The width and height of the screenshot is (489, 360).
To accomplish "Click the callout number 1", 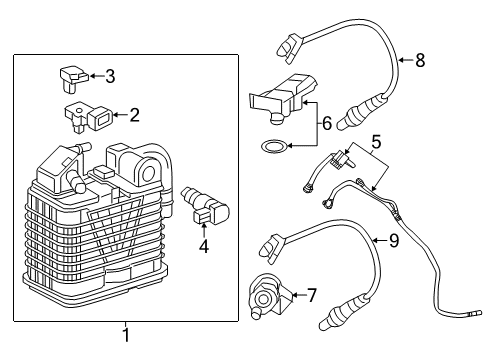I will pyautogui.click(x=125, y=335).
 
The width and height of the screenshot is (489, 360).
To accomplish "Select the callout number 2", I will pyautogui.click(x=134, y=115).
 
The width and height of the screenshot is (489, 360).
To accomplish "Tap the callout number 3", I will pyautogui.click(x=111, y=75).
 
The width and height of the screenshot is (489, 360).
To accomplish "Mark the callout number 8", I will pyautogui.click(x=420, y=61).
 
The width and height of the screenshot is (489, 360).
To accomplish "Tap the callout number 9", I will pyautogui.click(x=393, y=239).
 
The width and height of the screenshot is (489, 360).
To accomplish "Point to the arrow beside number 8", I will pyautogui.click(x=404, y=61).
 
